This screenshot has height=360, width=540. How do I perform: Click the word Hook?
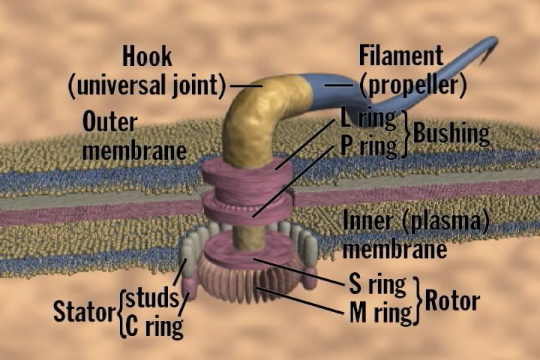pos(147,57)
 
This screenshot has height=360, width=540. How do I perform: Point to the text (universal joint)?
pos(147,85)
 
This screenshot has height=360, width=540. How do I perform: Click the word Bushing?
pos(451,134)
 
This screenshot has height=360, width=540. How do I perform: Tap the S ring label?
pos(377,284)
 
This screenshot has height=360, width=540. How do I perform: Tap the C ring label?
pos(155,326)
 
